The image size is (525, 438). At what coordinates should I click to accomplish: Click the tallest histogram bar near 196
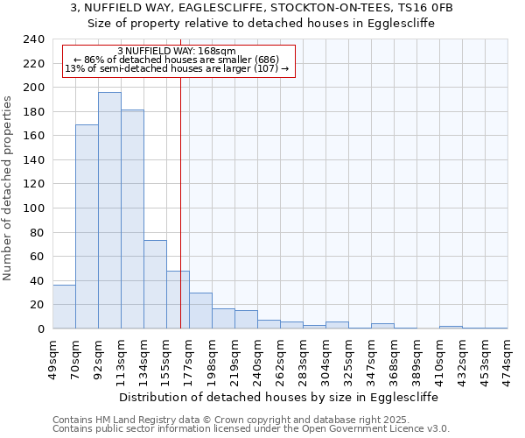tap(109, 210)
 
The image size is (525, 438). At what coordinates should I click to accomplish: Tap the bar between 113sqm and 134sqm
tap(132, 219)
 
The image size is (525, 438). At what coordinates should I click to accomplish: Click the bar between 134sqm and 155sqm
tap(155, 284)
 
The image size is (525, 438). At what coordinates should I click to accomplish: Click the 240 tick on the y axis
tap(34, 39)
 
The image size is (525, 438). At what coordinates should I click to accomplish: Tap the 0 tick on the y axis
tap(39, 328)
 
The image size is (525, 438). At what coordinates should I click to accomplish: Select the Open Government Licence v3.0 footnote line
tap(251, 428)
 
